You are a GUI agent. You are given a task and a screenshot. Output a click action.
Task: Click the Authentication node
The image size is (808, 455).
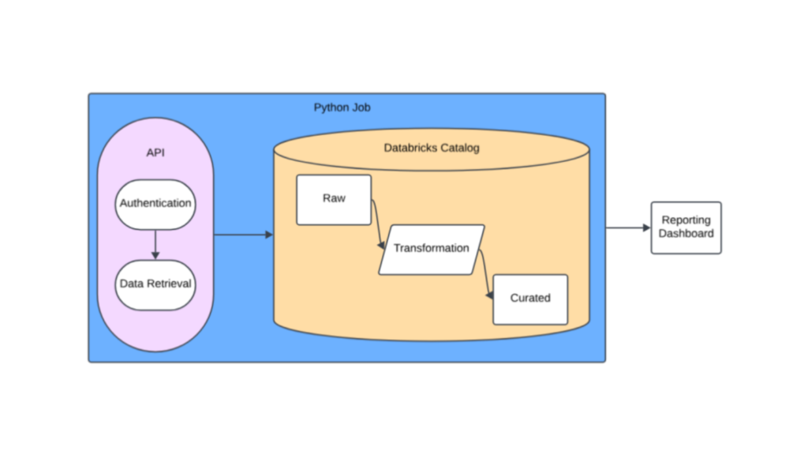(155, 204)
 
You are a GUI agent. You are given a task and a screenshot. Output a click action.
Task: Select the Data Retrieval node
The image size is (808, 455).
(155, 284)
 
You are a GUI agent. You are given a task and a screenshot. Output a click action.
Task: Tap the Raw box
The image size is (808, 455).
(334, 199)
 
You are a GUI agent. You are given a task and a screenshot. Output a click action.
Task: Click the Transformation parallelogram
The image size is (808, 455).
(431, 249)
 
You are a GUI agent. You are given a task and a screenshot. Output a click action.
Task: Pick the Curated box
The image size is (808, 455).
(530, 299)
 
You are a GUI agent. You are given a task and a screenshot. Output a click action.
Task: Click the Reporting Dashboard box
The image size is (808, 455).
(686, 227)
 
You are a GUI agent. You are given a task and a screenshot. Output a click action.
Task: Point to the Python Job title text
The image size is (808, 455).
(342, 107)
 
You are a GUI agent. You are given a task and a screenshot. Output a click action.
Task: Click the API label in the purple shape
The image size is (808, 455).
(155, 152)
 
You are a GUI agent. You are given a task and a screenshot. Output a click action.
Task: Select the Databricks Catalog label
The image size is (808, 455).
(431, 148)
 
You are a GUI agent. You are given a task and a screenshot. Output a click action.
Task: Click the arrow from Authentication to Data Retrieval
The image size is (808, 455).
(155, 244)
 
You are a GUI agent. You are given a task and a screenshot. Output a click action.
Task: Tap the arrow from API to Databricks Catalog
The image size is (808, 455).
(243, 235)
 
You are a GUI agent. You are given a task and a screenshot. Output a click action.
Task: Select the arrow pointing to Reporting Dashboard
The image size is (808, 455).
(627, 228)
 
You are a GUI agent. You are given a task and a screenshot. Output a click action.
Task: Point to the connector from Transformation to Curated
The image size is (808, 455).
(484, 273)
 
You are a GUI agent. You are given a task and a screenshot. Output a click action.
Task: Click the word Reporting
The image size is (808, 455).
(686, 220)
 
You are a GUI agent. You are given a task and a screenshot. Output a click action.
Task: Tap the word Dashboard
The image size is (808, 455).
(686, 234)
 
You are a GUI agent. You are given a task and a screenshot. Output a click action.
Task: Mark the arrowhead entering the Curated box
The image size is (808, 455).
(490, 296)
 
